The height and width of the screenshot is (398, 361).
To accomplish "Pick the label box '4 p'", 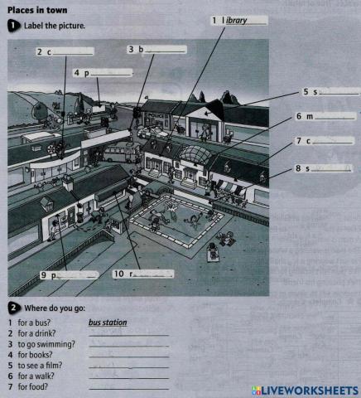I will coord(103,73).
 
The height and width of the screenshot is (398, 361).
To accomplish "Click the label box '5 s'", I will coord(329,91).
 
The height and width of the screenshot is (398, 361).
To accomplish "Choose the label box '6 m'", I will coord(324,116).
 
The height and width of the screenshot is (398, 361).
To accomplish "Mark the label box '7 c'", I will coord(324,142).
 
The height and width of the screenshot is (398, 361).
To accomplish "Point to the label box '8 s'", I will coord(324,168).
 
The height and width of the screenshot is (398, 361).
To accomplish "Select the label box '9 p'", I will coord(70,274).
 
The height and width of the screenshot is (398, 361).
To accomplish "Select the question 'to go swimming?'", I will coord(42,343).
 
